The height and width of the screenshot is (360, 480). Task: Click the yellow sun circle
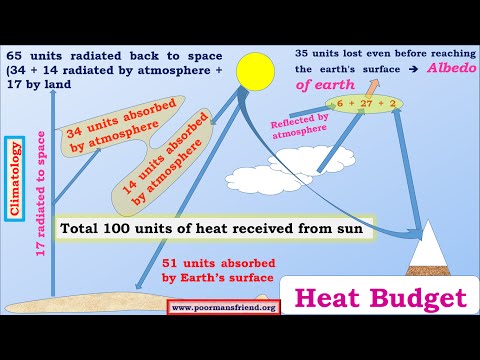coord(255,71)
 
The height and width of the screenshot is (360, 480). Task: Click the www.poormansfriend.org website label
coord(223,307)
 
